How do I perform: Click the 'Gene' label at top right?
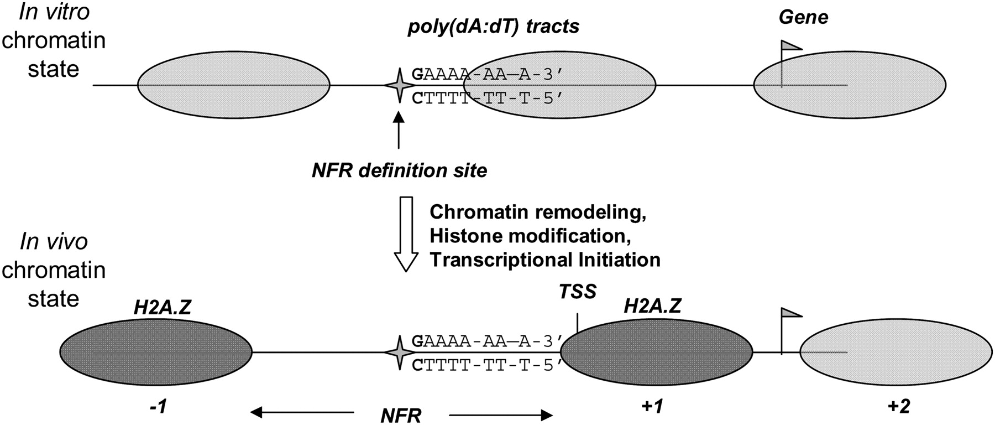(x=803, y=18)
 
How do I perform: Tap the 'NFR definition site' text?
(x=400, y=170)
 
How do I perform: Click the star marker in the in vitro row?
(x=399, y=85)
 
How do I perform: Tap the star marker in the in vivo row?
(x=399, y=352)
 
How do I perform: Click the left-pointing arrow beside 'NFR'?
(x=301, y=412)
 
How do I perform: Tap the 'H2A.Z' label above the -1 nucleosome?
(x=163, y=308)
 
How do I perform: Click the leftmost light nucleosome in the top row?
(x=234, y=85)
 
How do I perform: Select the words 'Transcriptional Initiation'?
(x=545, y=260)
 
